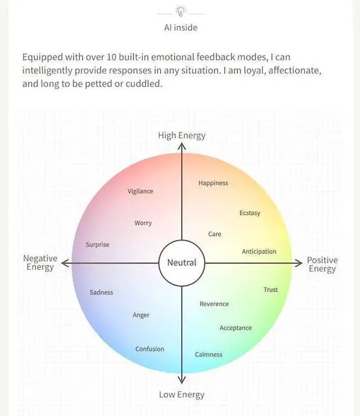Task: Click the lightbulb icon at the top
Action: (x=181, y=11)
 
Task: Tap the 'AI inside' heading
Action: (x=181, y=27)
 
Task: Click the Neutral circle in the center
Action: (x=182, y=263)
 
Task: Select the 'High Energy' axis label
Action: (x=182, y=135)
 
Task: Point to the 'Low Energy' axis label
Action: (x=182, y=395)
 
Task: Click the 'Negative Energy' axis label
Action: (x=40, y=263)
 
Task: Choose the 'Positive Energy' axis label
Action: (x=322, y=265)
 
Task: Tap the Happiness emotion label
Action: (x=213, y=183)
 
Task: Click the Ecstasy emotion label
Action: (x=250, y=213)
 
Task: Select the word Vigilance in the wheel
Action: (x=140, y=191)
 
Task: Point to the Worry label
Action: (x=143, y=223)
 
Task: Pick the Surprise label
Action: (x=97, y=245)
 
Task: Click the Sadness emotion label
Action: (x=101, y=293)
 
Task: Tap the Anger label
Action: (x=141, y=315)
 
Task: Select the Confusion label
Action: (x=150, y=349)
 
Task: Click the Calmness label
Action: (x=209, y=355)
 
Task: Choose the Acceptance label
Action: (x=236, y=328)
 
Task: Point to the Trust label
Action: (x=271, y=290)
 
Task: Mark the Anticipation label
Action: (x=259, y=252)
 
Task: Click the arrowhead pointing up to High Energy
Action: (x=182, y=145)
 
